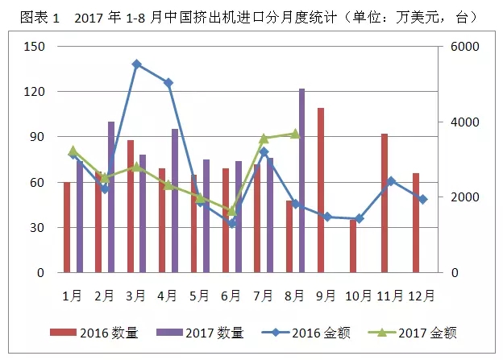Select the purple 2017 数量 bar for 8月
coord(301,180)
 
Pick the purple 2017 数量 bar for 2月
coord(111,197)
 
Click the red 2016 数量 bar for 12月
coord(416,222)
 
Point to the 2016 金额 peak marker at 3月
coord(136,64)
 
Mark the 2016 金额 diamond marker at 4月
coord(168,82)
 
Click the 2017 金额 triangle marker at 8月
coord(295,134)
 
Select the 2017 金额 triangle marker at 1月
coord(73,150)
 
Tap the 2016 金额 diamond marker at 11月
coord(390,181)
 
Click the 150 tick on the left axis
coord(34,47)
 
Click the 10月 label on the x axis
coord(359,296)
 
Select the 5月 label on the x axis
coord(199,296)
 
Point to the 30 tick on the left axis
coord(36,228)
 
